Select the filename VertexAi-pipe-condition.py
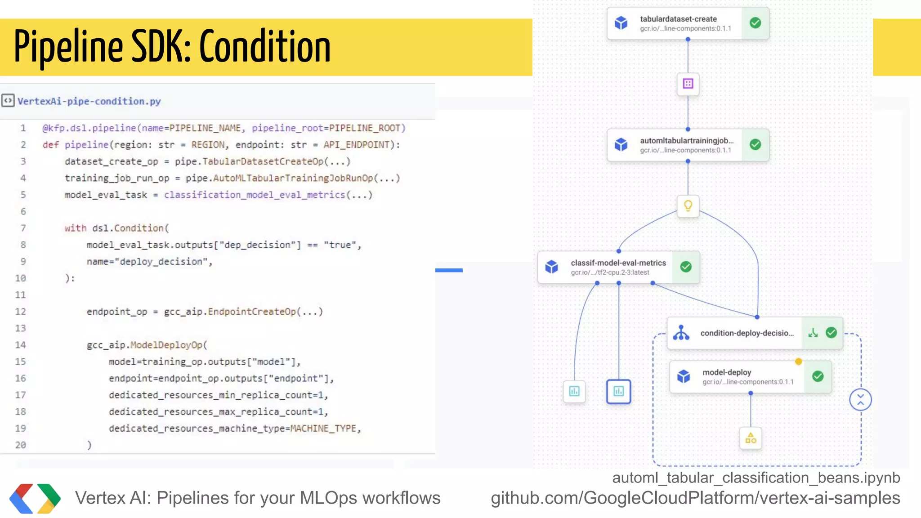coord(89,101)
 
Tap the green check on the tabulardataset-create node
coord(756,23)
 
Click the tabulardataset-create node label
coord(678,19)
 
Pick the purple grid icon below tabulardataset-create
coord(688,84)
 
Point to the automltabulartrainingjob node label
coord(686,141)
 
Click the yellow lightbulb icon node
coord(688,206)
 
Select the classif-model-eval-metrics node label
coord(618,263)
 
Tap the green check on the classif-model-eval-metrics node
coord(686,267)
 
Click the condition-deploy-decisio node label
coord(747,333)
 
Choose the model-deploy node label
coord(727,372)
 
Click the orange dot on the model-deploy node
coord(798,361)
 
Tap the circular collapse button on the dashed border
coord(860,399)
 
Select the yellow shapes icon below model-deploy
coord(751,438)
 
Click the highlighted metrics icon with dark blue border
coord(618,391)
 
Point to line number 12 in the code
coord(21,312)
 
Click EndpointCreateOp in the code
coord(252,312)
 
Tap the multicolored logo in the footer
coord(35,498)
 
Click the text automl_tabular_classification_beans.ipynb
coord(756,478)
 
